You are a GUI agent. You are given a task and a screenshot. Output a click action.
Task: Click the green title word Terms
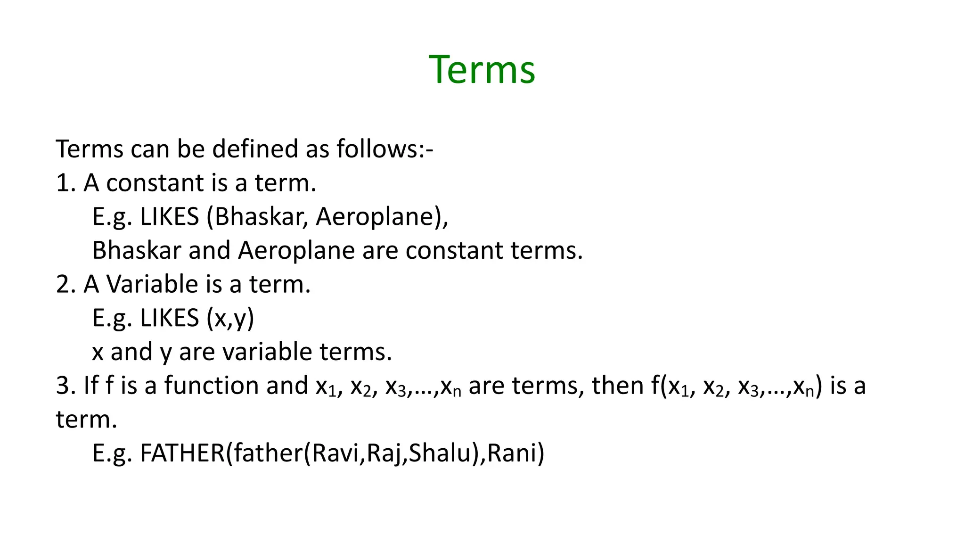click(x=482, y=70)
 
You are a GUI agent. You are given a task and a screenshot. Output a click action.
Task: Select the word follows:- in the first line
click(x=384, y=149)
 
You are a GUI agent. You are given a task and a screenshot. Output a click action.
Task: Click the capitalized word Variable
click(x=152, y=284)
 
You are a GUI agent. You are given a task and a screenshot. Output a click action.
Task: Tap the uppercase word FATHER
click(x=182, y=453)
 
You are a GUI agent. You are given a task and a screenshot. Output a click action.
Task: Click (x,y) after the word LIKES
click(x=230, y=318)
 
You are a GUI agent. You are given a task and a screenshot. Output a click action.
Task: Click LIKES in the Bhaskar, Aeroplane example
click(x=170, y=217)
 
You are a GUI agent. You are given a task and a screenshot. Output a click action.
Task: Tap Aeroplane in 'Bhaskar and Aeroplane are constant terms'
click(x=296, y=251)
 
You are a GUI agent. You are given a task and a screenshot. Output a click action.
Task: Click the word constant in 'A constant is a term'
click(x=155, y=183)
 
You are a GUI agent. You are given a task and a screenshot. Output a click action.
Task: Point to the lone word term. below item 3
click(x=86, y=420)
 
